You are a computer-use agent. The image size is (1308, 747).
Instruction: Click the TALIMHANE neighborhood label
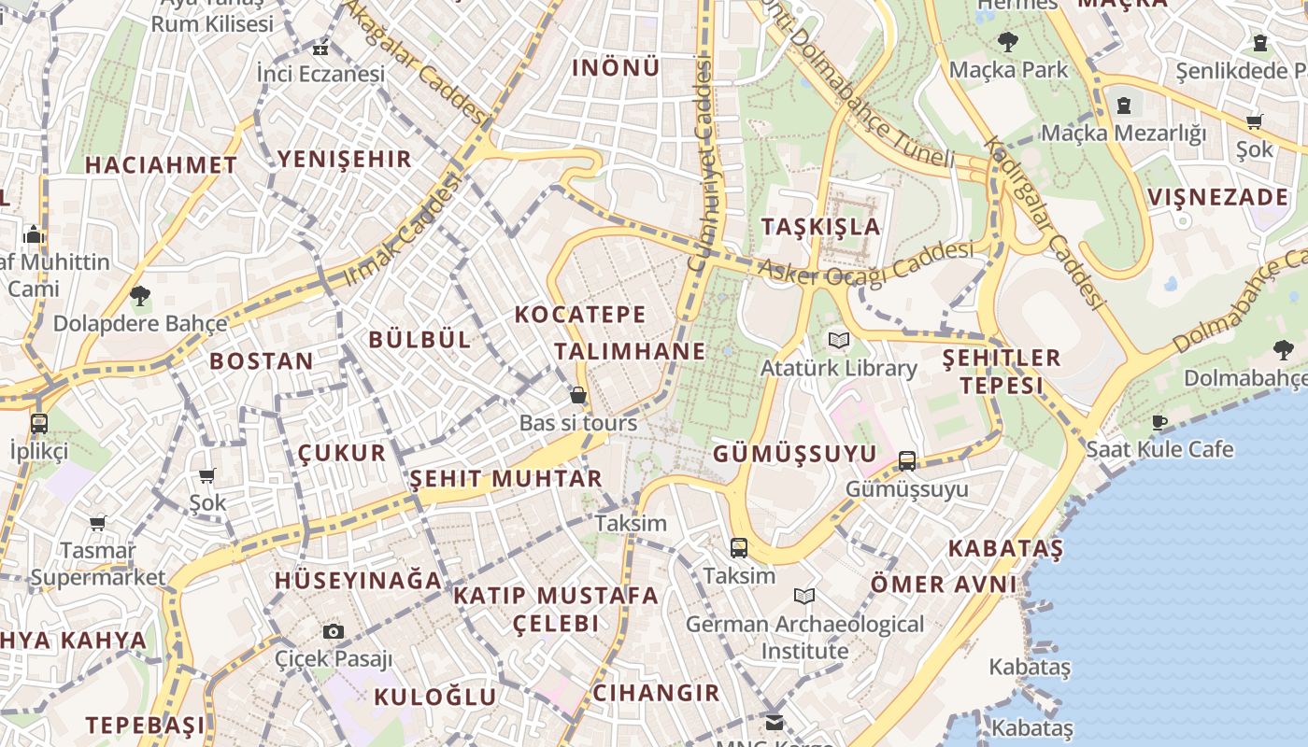[x=630, y=351]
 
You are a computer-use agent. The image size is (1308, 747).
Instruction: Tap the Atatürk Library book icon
[x=839, y=341]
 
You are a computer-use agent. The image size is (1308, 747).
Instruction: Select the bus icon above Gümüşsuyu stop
[x=906, y=460]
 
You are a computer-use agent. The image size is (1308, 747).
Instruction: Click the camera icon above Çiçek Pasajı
[x=334, y=631]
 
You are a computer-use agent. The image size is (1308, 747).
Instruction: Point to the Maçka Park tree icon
[x=1007, y=42]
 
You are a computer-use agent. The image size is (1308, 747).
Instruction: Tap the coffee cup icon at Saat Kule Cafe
[x=1159, y=422]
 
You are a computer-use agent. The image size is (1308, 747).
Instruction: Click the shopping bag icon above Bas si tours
[x=578, y=396]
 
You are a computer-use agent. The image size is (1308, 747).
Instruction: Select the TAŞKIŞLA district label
[x=820, y=227]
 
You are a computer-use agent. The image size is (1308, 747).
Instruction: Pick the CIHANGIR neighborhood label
[x=656, y=693]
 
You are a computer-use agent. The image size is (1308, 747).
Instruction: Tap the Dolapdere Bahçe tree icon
[x=140, y=297]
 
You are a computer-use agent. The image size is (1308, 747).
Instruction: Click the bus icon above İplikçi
[x=38, y=423]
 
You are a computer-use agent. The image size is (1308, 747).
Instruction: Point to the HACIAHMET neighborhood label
[x=161, y=165]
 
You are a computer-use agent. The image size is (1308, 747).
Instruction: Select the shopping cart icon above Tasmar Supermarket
[x=97, y=523]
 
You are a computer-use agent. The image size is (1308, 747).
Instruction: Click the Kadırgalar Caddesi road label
[x=1044, y=224]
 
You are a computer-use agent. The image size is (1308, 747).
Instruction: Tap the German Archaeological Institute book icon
[x=803, y=596]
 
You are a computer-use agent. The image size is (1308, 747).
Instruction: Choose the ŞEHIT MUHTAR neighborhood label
[x=505, y=479]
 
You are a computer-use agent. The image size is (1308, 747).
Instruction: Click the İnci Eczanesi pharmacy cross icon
[x=320, y=49]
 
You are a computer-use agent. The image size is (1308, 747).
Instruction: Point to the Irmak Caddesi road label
[x=403, y=232]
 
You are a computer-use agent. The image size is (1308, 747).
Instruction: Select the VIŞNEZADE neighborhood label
[x=1217, y=197]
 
